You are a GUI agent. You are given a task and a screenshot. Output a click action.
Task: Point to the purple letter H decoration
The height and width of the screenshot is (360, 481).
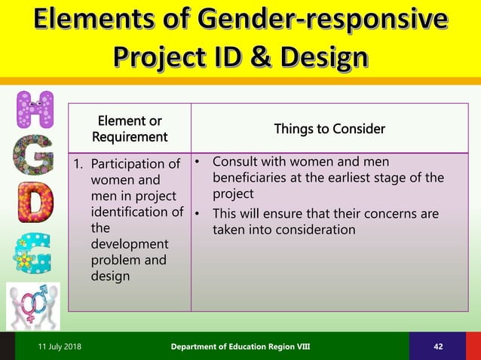click(x=35, y=110)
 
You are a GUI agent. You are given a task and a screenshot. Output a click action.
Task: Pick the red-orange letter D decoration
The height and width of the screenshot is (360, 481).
click(x=35, y=201)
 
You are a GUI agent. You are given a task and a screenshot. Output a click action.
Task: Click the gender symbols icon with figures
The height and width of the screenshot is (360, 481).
click(x=32, y=304)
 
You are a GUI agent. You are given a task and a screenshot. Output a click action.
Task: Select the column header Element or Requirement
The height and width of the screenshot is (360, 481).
click(x=129, y=129)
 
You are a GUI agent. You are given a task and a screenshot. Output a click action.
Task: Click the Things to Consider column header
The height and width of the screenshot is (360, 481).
click(x=329, y=129)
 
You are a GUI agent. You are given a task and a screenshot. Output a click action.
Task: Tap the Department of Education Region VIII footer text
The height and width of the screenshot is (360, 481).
click(x=239, y=346)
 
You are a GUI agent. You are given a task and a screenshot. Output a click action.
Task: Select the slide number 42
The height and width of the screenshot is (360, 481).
click(x=439, y=346)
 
